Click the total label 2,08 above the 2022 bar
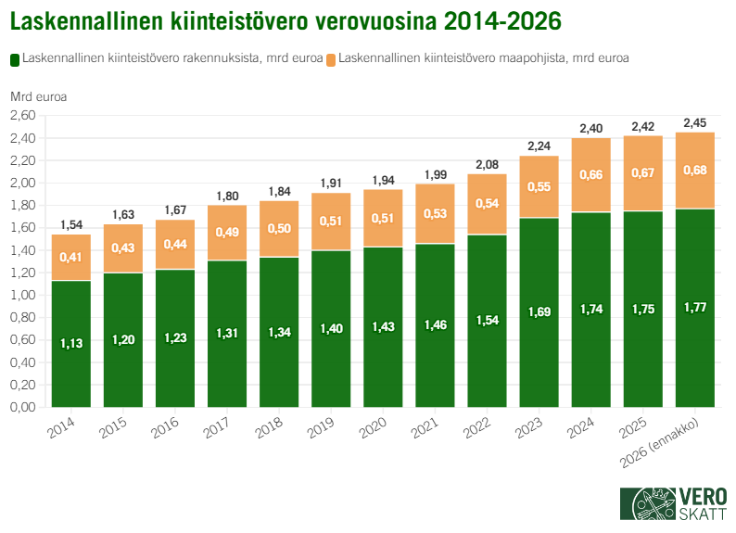[487, 164]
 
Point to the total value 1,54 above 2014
[70, 225]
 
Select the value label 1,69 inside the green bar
[539, 312]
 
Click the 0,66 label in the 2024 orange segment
[590, 174]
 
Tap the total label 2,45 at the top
[694, 122]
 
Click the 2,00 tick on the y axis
[22, 183]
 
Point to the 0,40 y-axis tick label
[22, 362]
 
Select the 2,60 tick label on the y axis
[22, 116]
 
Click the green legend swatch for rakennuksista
[14, 58]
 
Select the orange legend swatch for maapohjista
[331, 58]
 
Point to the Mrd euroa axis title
[38, 95]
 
